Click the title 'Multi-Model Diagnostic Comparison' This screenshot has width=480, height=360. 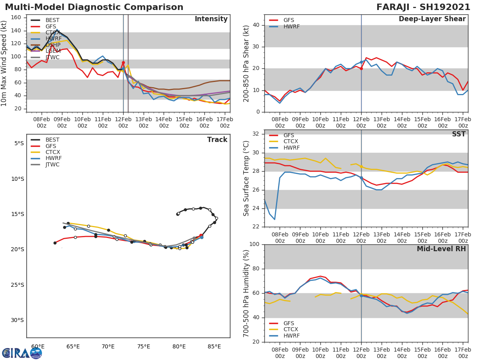coord(94,7)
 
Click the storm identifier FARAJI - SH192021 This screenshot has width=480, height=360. coord(423,7)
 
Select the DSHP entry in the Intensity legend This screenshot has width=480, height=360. coord(53,45)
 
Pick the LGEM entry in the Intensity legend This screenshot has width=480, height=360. coord(53,51)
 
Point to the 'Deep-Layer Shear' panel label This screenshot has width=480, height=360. coord(432,19)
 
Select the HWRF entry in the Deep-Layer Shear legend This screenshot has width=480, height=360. coord(291,26)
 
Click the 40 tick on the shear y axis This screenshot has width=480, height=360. coord(256,25)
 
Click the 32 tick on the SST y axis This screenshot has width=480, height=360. coord(256,134)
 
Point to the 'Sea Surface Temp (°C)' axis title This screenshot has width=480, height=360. coord(246,178)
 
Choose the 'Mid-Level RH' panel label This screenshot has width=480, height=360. coord(441,249)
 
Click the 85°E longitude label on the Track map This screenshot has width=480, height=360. coord(214,346)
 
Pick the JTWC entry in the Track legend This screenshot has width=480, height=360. coord(52,164)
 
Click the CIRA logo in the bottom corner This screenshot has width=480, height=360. coord(22,353)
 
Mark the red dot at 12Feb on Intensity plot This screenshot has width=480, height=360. coord(123,63)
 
